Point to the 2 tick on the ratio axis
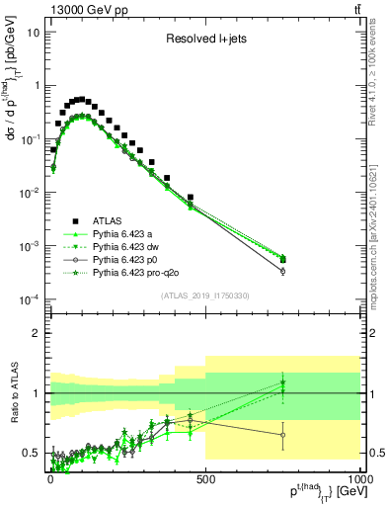pyautogui.click(x=36, y=333)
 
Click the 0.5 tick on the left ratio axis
pyautogui.click(x=31, y=453)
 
